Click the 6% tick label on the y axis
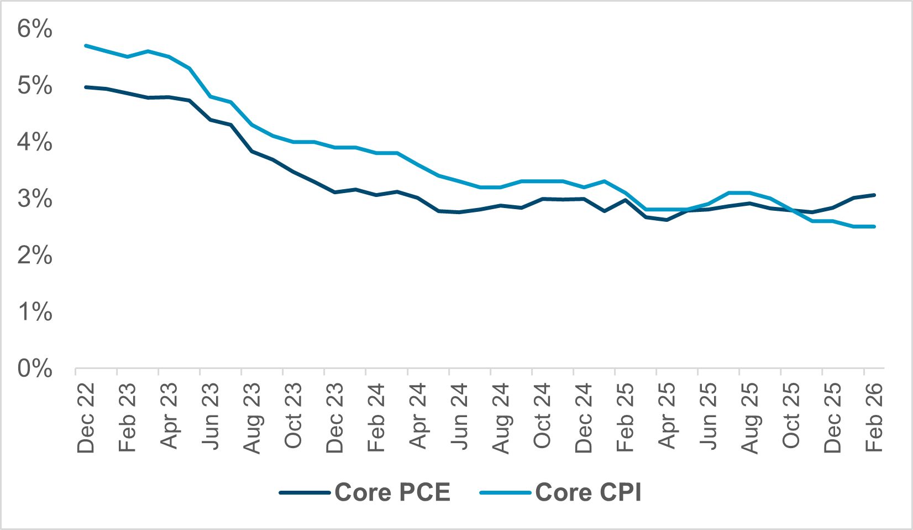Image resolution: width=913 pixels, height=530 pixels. [x=34, y=29]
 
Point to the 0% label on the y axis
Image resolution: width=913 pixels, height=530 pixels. [x=34, y=369]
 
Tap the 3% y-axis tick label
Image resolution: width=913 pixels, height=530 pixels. [x=34, y=199]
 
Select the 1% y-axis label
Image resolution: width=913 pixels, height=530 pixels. [x=34, y=313]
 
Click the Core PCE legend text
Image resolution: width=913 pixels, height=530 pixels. [x=392, y=492]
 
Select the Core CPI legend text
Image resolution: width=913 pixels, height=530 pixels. [x=588, y=492]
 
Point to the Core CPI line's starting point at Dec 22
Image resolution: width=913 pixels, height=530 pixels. [x=86, y=45]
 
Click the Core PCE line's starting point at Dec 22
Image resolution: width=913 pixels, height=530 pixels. [x=86, y=87]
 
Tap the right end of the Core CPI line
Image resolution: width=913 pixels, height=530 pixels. [x=874, y=226]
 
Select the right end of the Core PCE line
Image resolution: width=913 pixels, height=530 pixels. [x=874, y=195]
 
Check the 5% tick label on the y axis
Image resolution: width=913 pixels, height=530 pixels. [x=34, y=86]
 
